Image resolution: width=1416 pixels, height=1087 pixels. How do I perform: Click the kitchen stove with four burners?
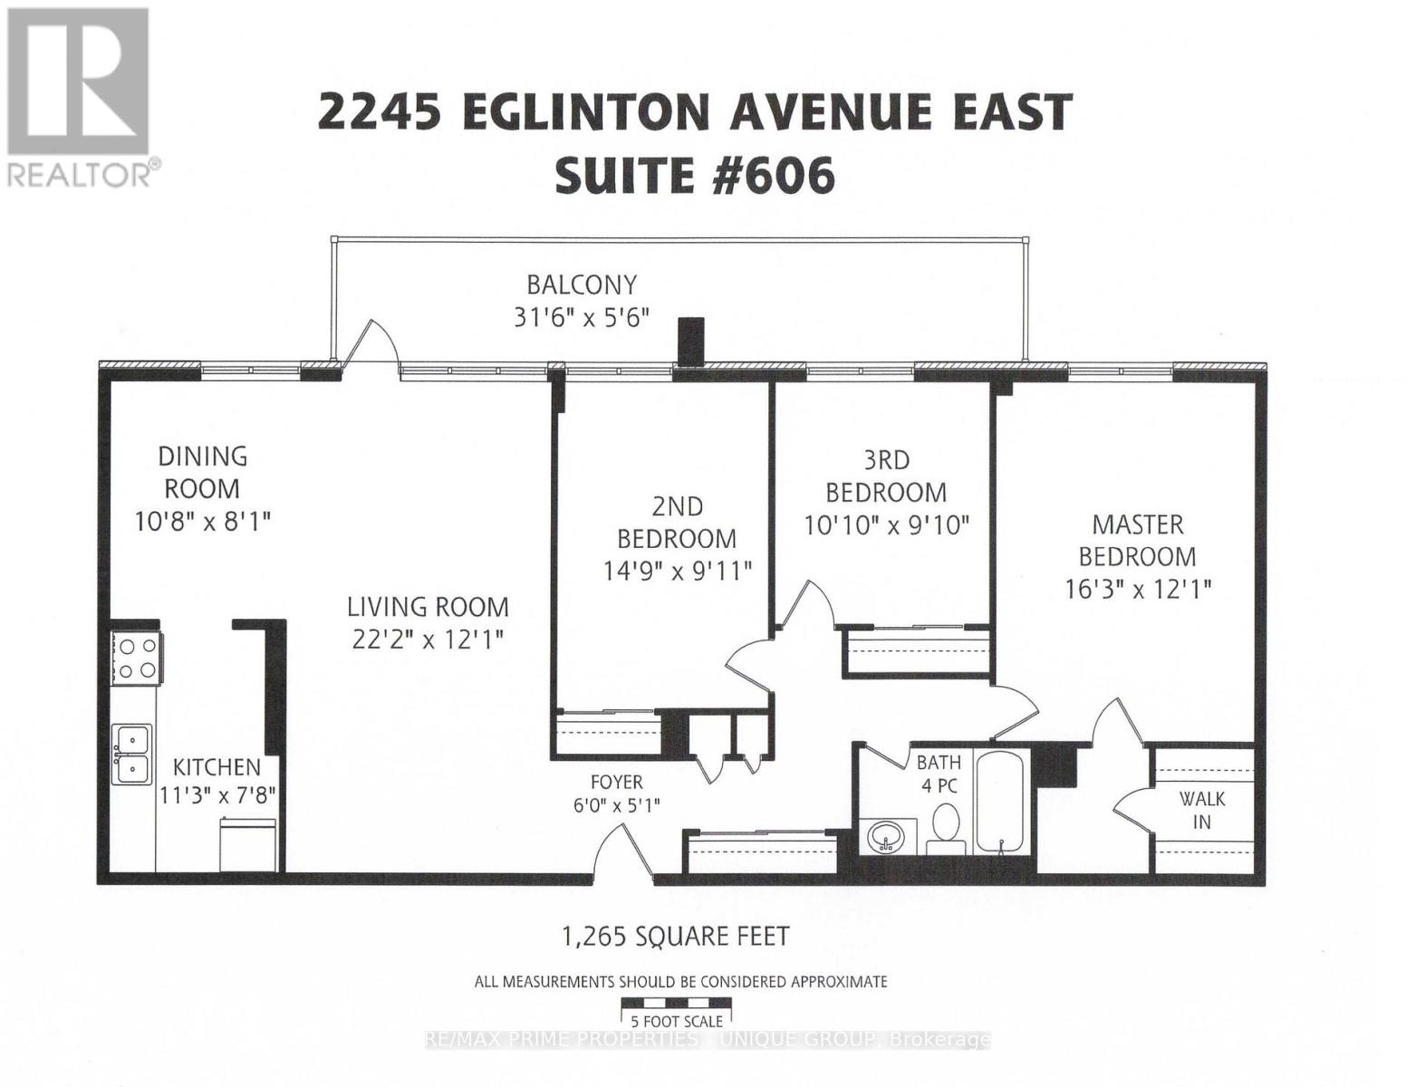(136, 659)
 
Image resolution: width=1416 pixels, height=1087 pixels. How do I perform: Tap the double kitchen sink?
(132, 755)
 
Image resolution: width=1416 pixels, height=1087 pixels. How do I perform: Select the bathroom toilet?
(945, 827)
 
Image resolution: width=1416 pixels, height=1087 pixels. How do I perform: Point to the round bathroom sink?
(884, 836)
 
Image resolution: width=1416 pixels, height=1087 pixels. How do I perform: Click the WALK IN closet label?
(1201, 810)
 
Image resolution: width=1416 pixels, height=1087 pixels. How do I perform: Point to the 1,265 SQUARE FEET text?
(676, 936)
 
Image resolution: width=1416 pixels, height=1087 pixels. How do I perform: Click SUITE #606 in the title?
(694, 176)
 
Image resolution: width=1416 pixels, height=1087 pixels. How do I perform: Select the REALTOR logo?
(79, 95)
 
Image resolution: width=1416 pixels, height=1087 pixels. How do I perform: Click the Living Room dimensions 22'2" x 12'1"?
(429, 639)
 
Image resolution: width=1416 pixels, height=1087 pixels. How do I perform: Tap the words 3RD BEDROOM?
(886, 476)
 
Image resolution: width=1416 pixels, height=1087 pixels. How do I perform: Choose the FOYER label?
(616, 782)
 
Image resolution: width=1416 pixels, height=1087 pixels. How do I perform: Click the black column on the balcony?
(691, 341)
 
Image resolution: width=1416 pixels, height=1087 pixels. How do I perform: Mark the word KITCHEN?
(217, 767)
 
